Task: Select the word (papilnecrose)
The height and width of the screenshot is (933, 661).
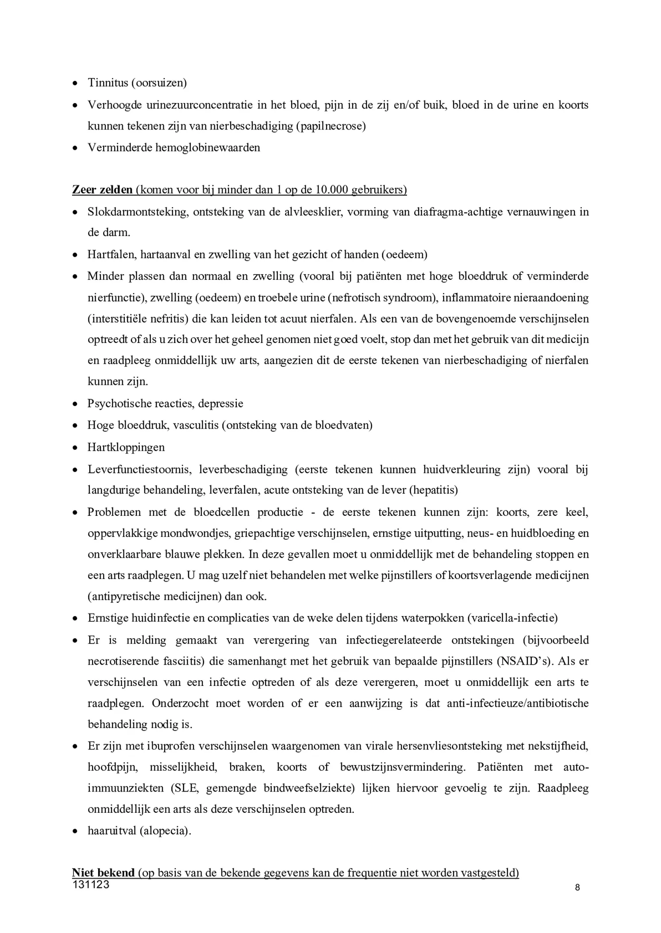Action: click(330, 126)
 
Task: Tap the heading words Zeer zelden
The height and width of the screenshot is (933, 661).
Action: click(102, 190)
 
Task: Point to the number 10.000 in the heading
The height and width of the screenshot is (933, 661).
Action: click(331, 190)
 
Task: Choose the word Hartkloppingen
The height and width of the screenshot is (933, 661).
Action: click(126, 447)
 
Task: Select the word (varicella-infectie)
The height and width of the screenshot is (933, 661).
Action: click(512, 618)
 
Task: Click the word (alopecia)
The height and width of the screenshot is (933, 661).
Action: click(165, 831)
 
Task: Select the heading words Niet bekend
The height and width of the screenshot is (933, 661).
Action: click(103, 872)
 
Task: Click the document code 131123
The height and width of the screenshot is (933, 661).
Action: click(91, 884)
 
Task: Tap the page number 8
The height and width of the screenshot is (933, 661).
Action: click(577, 887)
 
